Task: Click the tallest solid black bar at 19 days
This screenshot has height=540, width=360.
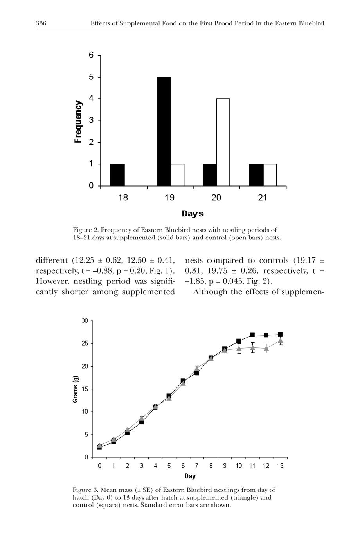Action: pyautogui.click(x=164, y=131)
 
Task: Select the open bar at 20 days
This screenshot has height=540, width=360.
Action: pyautogui.click(x=223, y=142)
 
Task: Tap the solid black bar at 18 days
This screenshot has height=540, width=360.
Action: pyautogui.click(x=117, y=175)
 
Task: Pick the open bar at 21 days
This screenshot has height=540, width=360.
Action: pyautogui.click(x=270, y=175)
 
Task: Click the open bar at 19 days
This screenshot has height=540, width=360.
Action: pyautogui.click(x=177, y=175)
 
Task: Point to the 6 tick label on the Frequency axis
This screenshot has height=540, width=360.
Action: pyautogui.click(x=91, y=55)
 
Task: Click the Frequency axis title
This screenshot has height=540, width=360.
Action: pyautogui.click(x=78, y=122)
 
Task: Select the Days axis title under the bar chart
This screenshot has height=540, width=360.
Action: pyautogui.click(x=193, y=214)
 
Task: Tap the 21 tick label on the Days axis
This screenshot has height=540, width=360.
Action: pyautogui.click(x=262, y=198)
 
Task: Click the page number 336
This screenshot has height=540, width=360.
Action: pyautogui.click(x=41, y=23)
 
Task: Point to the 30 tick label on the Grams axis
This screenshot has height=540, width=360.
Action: pyautogui.click(x=85, y=321)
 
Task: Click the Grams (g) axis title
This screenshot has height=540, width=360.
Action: pyautogui.click(x=76, y=389)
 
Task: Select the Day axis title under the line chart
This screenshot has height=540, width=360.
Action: pyautogui.click(x=190, y=476)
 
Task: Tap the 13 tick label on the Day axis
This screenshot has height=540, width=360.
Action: pyautogui.click(x=280, y=466)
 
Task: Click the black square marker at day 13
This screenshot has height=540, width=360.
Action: pyautogui.click(x=280, y=334)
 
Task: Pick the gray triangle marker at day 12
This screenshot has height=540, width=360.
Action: pyautogui.click(x=266, y=348)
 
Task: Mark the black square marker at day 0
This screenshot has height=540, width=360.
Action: pyautogui.click(x=99, y=447)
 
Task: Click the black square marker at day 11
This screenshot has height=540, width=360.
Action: pyautogui.click(x=252, y=335)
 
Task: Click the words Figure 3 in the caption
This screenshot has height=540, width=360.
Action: pyautogui.click(x=85, y=490)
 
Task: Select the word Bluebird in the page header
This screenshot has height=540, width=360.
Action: pyautogui.click(x=311, y=23)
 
